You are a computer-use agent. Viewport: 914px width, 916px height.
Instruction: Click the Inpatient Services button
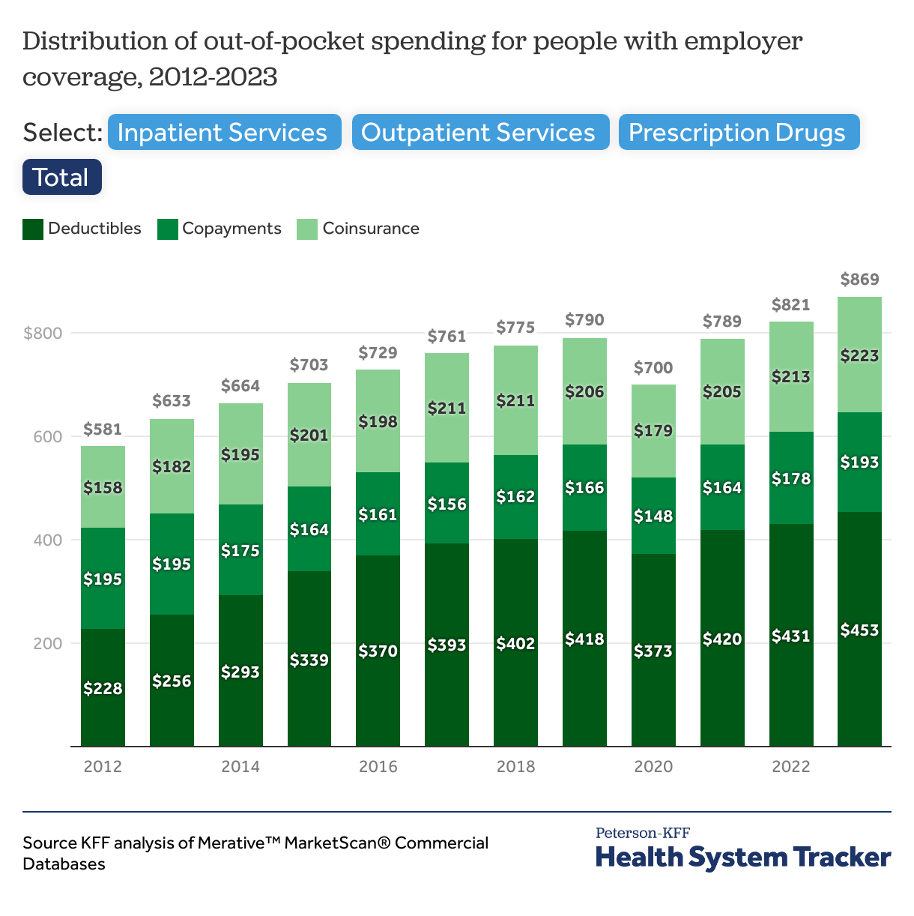pyautogui.click(x=224, y=133)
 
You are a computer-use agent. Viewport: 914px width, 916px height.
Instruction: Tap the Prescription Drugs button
pyautogui.click(x=739, y=133)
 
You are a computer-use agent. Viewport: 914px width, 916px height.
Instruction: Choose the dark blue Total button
pyautogui.click(x=61, y=178)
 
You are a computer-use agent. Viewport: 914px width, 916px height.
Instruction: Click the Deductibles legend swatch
pyautogui.click(x=33, y=229)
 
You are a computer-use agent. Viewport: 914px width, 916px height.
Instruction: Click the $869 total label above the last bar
pyautogui.click(x=859, y=280)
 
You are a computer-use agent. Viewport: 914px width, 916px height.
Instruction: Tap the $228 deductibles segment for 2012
pyautogui.click(x=103, y=687)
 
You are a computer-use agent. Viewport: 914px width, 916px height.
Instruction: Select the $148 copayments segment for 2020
pyautogui.click(x=653, y=516)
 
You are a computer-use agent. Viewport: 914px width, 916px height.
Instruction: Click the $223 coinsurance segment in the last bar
pyautogui.click(x=859, y=355)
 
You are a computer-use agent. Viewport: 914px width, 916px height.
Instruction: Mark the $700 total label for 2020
pyautogui.click(x=653, y=368)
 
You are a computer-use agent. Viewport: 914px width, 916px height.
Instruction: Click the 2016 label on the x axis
pyautogui.click(x=378, y=767)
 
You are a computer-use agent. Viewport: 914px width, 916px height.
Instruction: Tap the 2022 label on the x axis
pyautogui.click(x=791, y=767)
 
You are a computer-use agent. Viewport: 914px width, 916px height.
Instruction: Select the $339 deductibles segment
pyautogui.click(x=309, y=660)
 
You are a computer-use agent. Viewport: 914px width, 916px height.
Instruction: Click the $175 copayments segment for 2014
pyautogui.click(x=240, y=550)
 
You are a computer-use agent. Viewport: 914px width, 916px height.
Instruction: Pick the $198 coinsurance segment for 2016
pyautogui.click(x=378, y=421)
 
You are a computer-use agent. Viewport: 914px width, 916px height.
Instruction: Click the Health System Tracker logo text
pyautogui.click(x=743, y=858)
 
